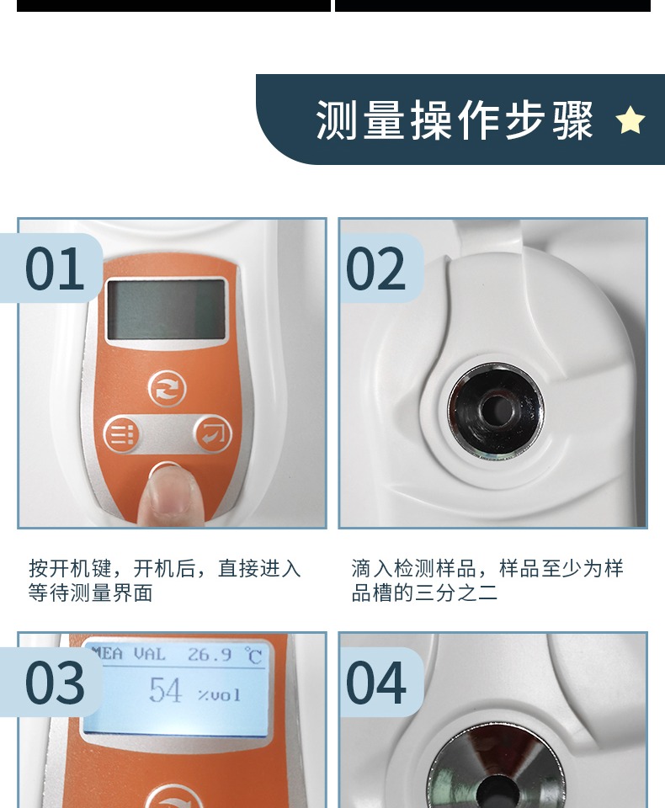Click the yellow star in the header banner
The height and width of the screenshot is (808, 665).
[x=630, y=120]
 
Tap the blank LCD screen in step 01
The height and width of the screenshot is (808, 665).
[x=167, y=309]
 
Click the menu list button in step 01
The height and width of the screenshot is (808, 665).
[x=121, y=434]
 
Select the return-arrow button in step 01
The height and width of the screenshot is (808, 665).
[x=212, y=433]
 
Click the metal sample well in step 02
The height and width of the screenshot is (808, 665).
[x=496, y=412]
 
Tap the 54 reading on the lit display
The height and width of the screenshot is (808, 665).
[x=166, y=690]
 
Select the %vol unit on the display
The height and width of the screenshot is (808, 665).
[x=220, y=695]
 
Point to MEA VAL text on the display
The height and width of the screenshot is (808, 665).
[x=128, y=654]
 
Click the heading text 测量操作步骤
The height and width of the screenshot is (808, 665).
[x=455, y=120]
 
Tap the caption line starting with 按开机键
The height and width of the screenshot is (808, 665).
[x=164, y=568]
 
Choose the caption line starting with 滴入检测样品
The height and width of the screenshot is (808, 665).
[x=487, y=568]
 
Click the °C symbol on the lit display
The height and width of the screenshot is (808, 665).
[x=253, y=656]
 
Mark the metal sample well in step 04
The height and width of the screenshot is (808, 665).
[x=497, y=768]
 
